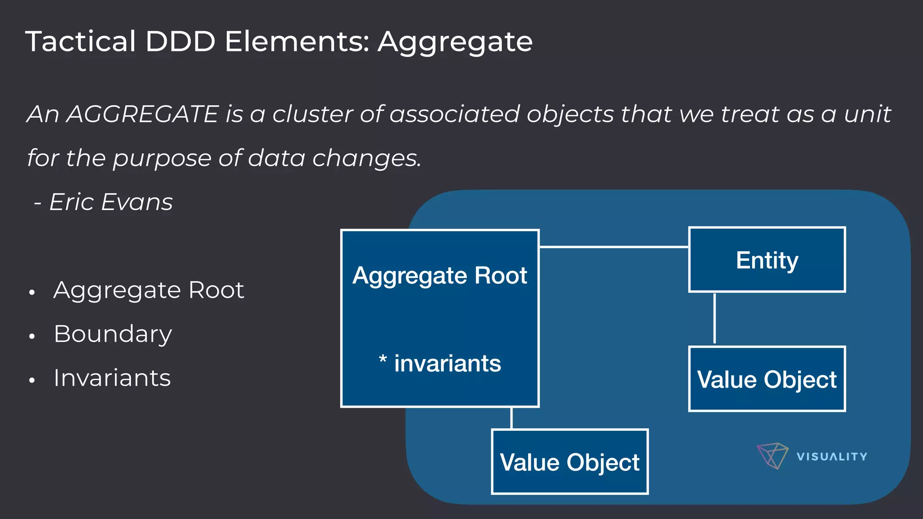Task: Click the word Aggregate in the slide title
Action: pyautogui.click(x=455, y=42)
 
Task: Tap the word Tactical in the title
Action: pyautogui.click(x=80, y=42)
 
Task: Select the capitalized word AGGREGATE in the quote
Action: pyautogui.click(x=142, y=114)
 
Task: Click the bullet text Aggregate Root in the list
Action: pyautogui.click(x=149, y=290)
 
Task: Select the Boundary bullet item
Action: pyautogui.click(x=113, y=334)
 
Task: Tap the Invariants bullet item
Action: pyautogui.click(x=112, y=378)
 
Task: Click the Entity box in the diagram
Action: pyautogui.click(x=767, y=260)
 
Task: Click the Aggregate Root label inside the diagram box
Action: pyautogui.click(x=439, y=275)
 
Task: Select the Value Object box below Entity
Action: pyautogui.click(x=767, y=379)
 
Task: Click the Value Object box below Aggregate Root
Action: pyautogui.click(x=569, y=462)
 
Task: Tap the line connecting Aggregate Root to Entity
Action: pyautogui.click(x=613, y=247)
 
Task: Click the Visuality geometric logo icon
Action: pyautogui.click(x=772, y=455)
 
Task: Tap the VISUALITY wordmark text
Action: pyautogui.click(x=832, y=457)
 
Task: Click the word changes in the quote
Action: pyautogui.click(x=366, y=158)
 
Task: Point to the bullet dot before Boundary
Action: pyautogui.click(x=32, y=336)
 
